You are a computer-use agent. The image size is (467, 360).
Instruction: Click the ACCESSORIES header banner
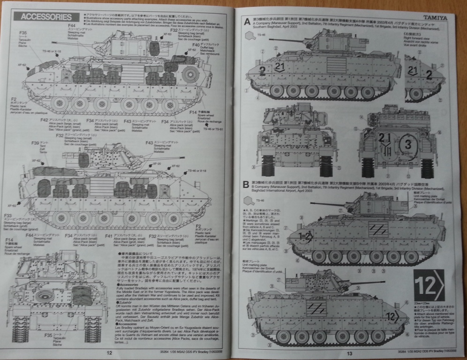coord(43,17)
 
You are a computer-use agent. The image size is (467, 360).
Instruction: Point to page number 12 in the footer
coord(109,353)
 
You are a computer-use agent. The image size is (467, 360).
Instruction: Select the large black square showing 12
coord(429,285)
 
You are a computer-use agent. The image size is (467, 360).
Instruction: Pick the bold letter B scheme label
coord(247,185)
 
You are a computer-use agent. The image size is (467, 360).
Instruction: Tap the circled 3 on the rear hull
coord(407,142)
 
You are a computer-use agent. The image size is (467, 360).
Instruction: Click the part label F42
coord(45,120)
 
